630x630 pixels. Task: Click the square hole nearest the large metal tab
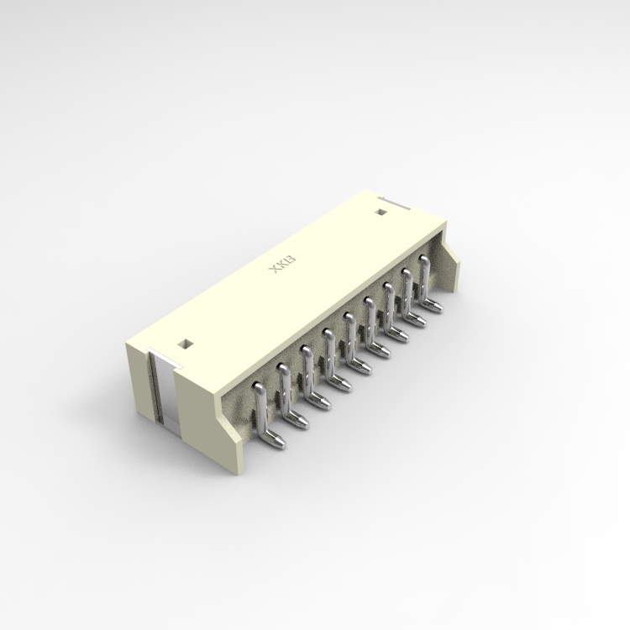pyautogui.click(x=184, y=343)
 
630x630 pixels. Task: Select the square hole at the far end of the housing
pyautogui.click(x=379, y=210)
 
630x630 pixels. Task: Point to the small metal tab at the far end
pyautogui.click(x=393, y=202)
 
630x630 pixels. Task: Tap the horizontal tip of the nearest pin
pyautogui.click(x=273, y=438)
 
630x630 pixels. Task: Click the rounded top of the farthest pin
pyautogui.click(x=423, y=262)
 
